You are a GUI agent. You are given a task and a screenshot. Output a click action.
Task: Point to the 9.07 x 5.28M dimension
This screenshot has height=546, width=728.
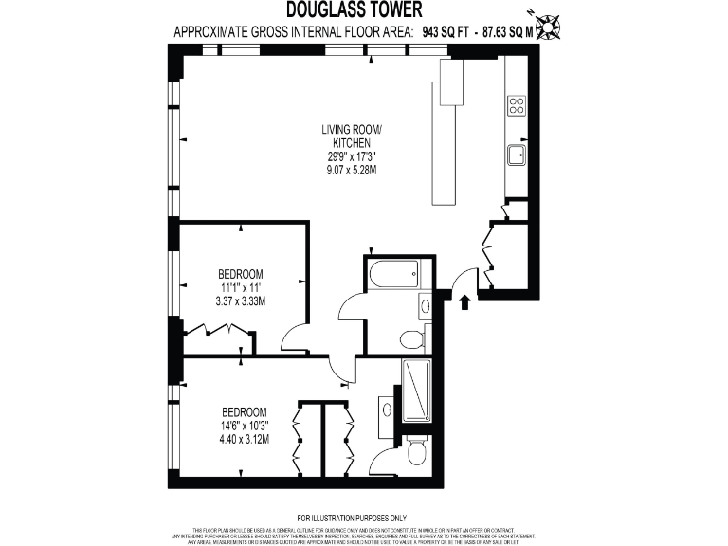(351, 170)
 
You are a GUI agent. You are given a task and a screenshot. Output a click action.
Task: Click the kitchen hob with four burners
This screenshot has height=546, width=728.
(517, 105)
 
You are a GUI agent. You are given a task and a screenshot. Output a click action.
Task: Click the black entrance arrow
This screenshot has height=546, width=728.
(464, 302)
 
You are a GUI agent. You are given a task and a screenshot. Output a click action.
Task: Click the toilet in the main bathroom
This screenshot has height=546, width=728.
(410, 338)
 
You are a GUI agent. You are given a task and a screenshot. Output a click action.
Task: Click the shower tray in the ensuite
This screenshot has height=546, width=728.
(416, 391)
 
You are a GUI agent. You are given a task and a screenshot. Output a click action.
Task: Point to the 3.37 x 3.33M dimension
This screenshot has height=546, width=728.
(241, 302)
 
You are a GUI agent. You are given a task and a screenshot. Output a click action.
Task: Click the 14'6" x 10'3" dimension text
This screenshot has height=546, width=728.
(244, 426)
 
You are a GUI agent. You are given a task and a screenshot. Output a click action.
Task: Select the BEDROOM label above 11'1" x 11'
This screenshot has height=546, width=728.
(241, 274)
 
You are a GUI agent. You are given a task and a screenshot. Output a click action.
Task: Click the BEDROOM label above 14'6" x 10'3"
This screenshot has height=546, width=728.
(245, 411)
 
